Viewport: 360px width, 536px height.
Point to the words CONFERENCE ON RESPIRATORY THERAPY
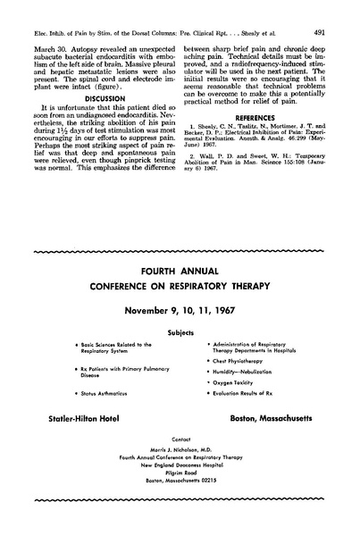(x=180, y=288)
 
